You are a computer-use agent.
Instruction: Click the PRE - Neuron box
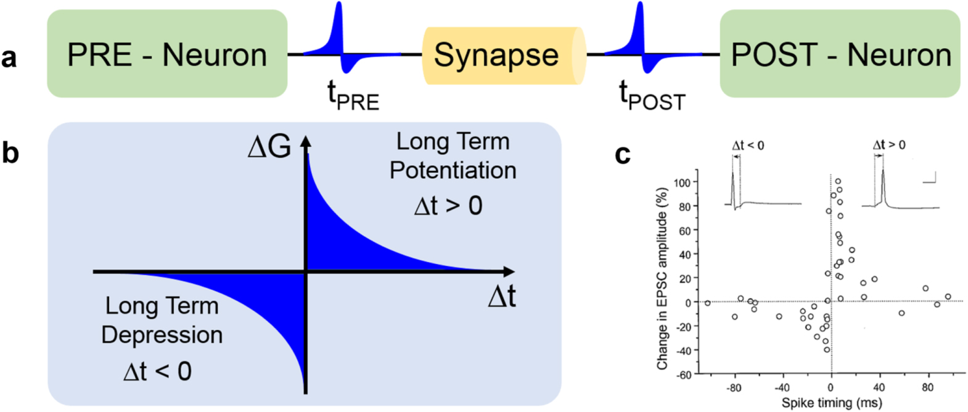tap(167, 54)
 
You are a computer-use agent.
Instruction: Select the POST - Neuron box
tap(840, 54)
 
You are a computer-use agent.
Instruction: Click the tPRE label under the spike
tap(353, 96)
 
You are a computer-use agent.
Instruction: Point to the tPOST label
tap(651, 96)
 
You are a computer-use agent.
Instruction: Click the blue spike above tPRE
tap(338, 31)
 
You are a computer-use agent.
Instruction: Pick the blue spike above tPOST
tap(639, 31)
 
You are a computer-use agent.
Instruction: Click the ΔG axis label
tap(269, 147)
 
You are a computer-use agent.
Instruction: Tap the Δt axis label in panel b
tap(501, 297)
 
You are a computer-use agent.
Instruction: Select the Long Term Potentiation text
tap(453, 155)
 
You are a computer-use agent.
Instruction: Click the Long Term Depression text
tap(162, 320)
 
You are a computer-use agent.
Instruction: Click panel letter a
tap(9, 57)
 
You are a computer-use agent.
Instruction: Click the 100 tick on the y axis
tap(682, 183)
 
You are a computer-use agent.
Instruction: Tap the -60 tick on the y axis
tap(682, 374)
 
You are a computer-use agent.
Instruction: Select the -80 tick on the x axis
tap(733, 388)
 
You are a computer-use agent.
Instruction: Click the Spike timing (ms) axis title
tap(831, 403)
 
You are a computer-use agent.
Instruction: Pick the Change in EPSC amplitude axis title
tap(663, 279)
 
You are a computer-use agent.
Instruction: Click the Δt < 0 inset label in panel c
tap(748, 146)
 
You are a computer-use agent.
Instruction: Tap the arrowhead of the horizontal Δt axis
tap(510, 271)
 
